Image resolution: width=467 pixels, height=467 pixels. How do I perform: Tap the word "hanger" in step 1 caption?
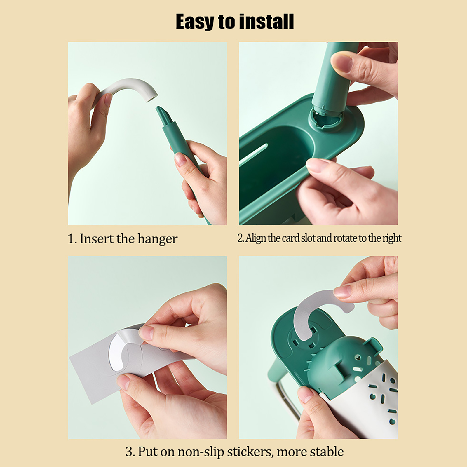[157, 239]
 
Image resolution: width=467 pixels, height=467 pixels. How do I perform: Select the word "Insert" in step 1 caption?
[97, 239]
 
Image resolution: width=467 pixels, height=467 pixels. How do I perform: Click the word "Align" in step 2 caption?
[256, 238]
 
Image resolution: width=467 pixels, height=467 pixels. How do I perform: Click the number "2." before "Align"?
[241, 238]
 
